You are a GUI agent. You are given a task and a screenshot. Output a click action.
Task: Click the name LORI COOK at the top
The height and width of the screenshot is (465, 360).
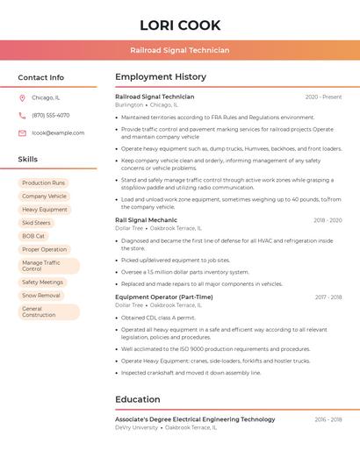tap(180, 25)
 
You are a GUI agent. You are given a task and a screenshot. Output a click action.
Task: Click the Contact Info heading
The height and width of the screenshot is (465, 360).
tap(41, 77)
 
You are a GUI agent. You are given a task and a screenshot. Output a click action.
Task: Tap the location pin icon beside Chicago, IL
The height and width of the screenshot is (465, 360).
tap(22, 97)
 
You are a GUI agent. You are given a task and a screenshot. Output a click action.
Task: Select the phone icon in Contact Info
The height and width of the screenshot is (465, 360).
tap(22, 115)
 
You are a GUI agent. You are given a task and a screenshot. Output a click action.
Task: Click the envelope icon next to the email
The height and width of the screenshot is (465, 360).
tap(22, 132)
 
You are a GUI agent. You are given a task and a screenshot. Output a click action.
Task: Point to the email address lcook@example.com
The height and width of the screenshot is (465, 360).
tap(58, 132)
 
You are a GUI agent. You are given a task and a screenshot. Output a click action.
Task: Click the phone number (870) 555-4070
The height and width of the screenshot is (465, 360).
tap(50, 115)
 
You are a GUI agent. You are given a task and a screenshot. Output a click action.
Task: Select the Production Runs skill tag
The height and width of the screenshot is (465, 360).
tap(43, 182)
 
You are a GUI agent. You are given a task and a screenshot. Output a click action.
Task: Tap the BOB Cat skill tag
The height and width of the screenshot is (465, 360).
tap(33, 236)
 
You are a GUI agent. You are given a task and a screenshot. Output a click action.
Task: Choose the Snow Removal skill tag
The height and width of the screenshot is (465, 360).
tap(41, 296)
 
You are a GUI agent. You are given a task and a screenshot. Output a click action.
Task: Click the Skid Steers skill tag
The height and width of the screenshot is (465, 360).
tap(36, 223)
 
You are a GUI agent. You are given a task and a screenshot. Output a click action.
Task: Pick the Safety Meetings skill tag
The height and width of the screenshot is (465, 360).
tap(42, 283)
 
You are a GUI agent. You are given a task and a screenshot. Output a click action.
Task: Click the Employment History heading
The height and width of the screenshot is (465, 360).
tap(161, 77)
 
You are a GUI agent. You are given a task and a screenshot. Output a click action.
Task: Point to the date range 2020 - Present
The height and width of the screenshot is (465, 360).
tap(323, 97)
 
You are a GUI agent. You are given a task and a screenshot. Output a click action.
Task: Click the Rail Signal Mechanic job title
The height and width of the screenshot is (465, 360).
tap(146, 220)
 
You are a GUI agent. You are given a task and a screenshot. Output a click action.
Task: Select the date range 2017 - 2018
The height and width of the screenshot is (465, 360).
tap(328, 297)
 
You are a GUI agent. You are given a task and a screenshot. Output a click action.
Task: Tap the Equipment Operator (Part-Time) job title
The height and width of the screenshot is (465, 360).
tap(163, 297)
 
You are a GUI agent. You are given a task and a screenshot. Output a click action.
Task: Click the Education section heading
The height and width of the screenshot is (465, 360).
tap(138, 399)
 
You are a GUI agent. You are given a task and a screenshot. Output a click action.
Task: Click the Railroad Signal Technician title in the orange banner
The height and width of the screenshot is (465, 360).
tap(180, 50)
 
